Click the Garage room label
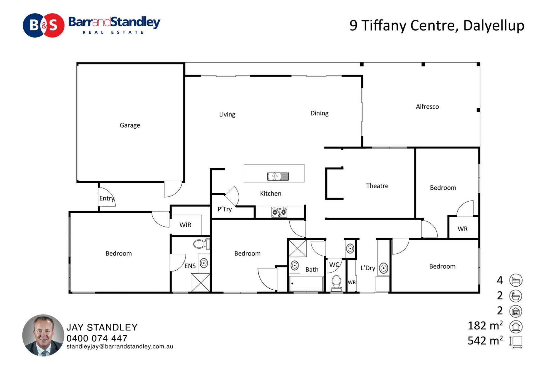[130, 125]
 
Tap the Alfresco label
[427, 107]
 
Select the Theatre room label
[377, 186]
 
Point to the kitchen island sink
[278, 177]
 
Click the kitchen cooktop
[279, 212]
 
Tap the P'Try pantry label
[225, 209]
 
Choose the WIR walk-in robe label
[185, 225]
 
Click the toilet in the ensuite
[202, 244]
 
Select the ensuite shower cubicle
[200, 283]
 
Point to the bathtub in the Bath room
[306, 284]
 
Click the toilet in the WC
[337, 283]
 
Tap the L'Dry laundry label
[368, 268]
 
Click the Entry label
[107, 198]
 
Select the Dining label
[319, 113]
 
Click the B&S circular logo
[44, 25]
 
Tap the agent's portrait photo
[43, 335]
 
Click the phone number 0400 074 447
[97, 338]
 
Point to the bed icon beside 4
[516, 281]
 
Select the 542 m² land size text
[485, 340]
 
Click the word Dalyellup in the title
[494, 26]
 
